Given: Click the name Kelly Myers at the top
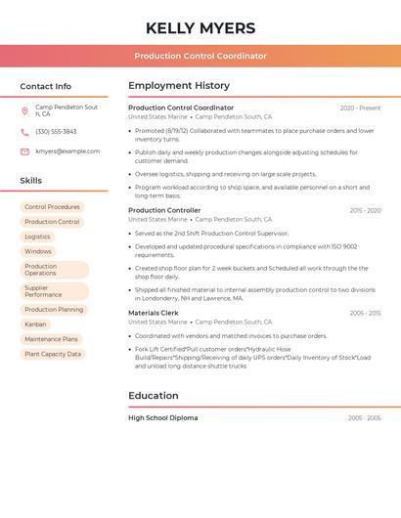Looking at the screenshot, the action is tap(200, 28).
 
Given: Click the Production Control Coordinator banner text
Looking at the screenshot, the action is tap(200, 56).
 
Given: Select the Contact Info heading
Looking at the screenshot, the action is tap(46, 86).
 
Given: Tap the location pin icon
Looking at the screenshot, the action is tap(24, 110).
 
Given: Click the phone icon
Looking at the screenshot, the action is tap(24, 132).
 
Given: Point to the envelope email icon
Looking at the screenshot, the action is tap(24, 151).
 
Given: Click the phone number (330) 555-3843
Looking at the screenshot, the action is tap(56, 132).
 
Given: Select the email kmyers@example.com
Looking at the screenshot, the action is tap(67, 151).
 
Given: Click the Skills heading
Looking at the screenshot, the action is tap(31, 181).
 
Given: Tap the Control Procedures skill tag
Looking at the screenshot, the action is tap(52, 207).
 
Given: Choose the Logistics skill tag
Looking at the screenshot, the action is tap(37, 237).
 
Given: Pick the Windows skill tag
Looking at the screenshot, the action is tap(37, 251).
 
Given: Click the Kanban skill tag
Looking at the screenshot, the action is tap(35, 324).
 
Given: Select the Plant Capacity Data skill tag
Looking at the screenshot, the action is tap(53, 354).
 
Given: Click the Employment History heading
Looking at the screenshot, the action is tap(179, 86).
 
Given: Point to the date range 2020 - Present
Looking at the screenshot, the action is tap(360, 108).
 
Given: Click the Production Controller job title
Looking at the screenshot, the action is tap(164, 210).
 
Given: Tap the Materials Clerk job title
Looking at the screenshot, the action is tap(154, 313).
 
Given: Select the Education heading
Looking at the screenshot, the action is tap(154, 396).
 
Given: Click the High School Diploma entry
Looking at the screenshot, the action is tap(163, 418).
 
